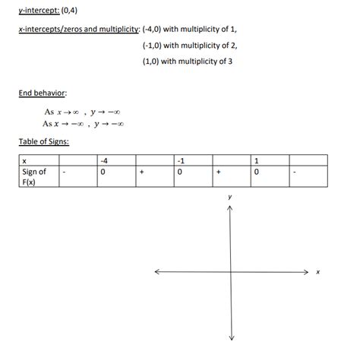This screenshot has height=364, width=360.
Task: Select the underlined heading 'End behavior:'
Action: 43,93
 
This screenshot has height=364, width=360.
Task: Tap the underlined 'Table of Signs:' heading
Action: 45,141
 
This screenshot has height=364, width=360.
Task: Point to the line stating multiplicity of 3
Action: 187,62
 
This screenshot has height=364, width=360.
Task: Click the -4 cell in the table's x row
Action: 105,160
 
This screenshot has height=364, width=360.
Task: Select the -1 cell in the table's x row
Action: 180,160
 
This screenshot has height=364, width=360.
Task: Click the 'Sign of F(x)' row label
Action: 34,176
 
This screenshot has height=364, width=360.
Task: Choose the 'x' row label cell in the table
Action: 26,160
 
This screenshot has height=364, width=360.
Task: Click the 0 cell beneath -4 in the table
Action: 103,172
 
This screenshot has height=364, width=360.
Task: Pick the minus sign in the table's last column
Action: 295,172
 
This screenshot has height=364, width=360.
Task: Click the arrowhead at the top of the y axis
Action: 230,208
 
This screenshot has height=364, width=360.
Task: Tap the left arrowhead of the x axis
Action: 156,271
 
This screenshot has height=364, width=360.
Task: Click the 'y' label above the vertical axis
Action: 230,196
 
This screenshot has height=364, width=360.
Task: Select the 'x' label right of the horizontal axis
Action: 318,272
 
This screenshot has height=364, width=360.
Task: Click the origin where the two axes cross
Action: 230,271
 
